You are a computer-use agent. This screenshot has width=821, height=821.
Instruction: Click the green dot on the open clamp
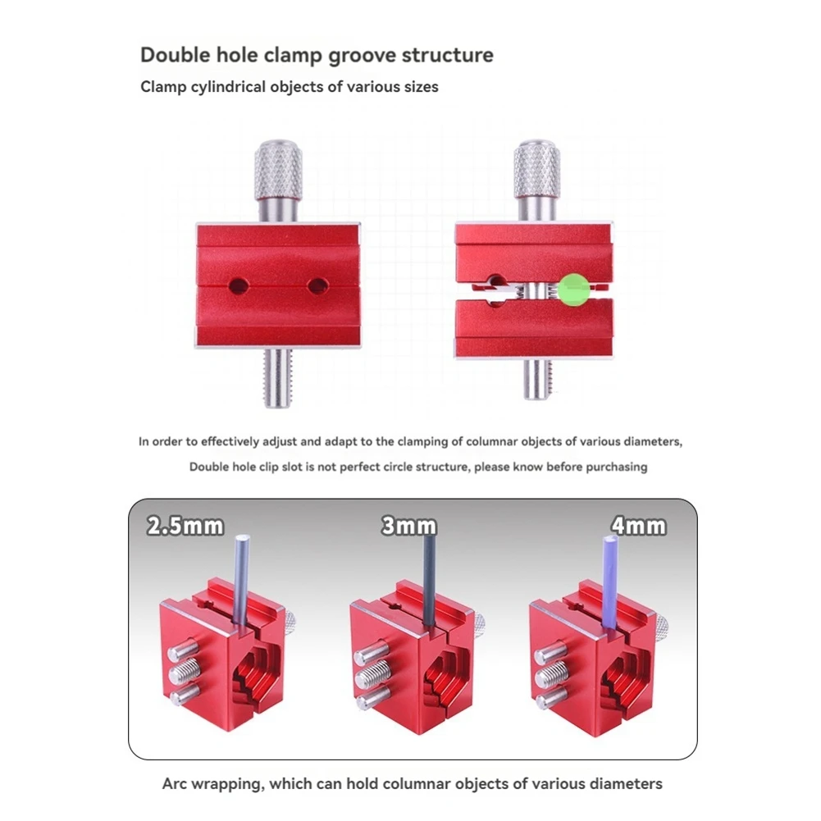574,290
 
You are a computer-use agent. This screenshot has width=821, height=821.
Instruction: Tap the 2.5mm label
185,527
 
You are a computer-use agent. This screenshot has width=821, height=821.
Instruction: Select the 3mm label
409,527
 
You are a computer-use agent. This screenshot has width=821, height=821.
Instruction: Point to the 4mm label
639,527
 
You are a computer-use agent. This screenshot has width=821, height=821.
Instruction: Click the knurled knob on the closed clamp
279,170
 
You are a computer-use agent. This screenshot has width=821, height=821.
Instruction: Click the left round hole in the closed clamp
238,286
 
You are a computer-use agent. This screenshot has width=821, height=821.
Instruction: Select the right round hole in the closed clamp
317,286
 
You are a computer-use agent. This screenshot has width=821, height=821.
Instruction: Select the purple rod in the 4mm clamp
610,582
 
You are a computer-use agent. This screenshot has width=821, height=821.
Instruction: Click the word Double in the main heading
176,55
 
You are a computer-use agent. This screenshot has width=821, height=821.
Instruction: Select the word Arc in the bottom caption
175,784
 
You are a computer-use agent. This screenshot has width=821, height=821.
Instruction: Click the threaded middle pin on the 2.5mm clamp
184,670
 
